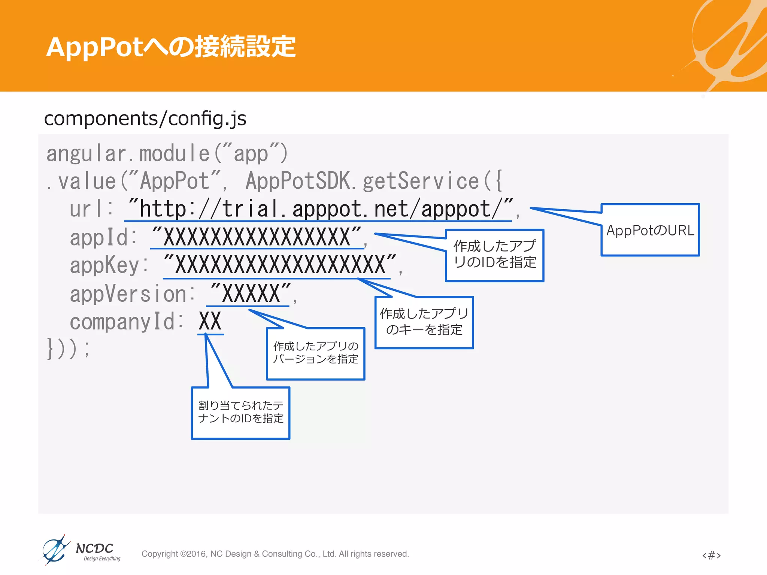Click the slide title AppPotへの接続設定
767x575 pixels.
coord(171,47)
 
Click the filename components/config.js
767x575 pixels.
coord(145,118)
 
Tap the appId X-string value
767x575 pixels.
coord(257,237)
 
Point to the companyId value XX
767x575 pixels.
coord(210,321)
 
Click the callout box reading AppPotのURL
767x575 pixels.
coord(650,230)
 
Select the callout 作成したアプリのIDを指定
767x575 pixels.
coord(494,255)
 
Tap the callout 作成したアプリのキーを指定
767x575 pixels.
coord(424,322)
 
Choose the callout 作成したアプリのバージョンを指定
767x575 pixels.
coord(315,353)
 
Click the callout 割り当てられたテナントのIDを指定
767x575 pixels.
coord(240,412)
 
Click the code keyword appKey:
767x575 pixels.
coord(109,265)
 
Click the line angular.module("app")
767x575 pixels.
coord(167,153)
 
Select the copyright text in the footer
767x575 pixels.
coord(275,554)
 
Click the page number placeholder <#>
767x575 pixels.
coord(711,555)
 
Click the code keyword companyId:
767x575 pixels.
coord(126,322)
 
